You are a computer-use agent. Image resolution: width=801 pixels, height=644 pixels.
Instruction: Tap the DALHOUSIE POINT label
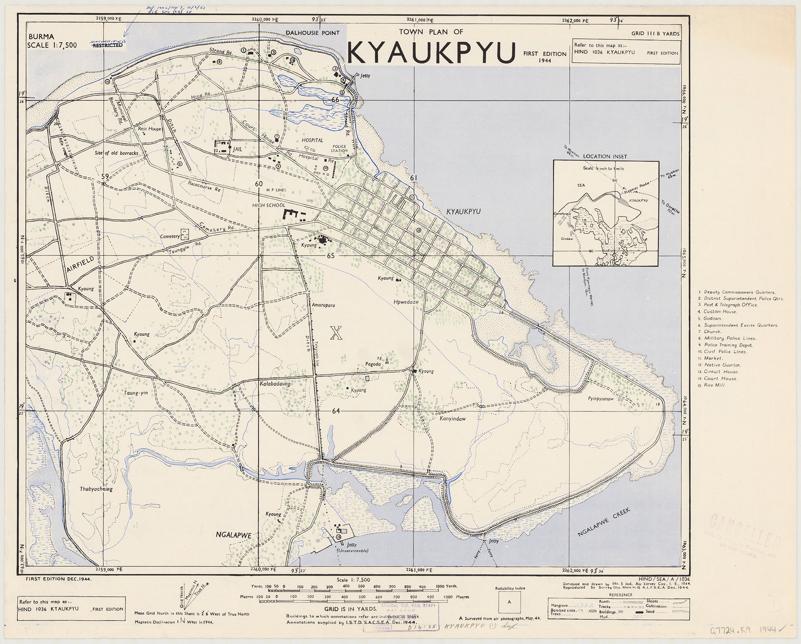point(312,33)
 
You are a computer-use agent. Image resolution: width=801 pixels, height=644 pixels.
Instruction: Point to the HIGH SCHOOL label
point(269,205)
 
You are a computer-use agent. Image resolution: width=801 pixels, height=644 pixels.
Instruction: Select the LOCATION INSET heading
point(604,156)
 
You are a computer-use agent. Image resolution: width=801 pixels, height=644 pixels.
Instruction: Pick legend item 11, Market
point(712,358)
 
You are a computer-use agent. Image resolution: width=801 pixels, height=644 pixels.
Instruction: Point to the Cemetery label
point(169,236)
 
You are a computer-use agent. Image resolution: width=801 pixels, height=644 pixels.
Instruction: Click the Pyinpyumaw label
point(601,399)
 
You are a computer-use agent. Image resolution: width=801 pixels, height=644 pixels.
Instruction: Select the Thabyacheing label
point(96,489)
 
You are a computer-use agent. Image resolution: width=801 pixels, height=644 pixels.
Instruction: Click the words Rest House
point(149,128)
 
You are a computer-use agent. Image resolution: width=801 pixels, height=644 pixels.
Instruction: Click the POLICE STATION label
point(339,148)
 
